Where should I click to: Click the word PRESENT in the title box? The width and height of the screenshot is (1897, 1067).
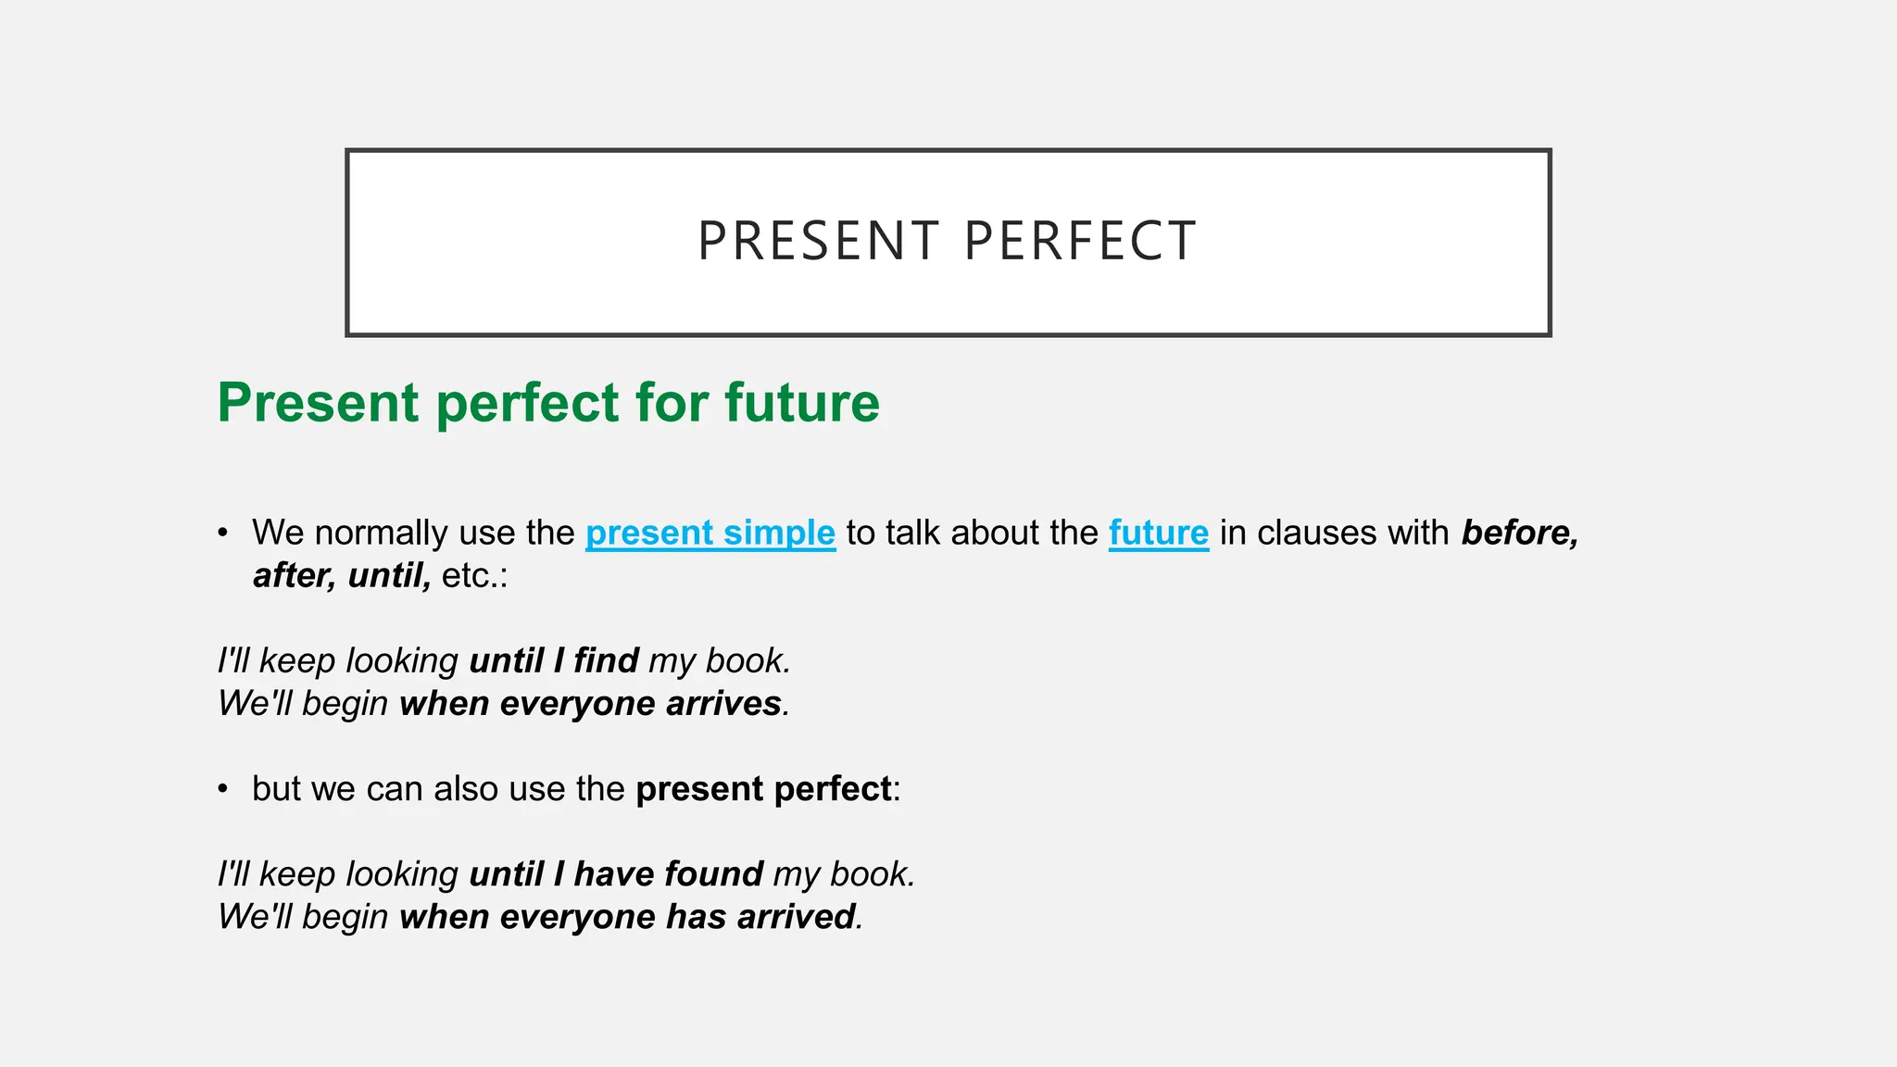819,242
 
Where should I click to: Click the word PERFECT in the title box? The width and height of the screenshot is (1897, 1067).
1080,242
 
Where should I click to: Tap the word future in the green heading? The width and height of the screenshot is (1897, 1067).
801,403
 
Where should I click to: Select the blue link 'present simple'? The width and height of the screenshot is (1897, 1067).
710,533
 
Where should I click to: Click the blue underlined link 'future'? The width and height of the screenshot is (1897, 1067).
1158,533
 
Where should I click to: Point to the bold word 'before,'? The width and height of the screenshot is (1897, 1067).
1519,533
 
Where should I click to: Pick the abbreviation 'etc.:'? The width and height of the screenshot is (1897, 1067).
474,575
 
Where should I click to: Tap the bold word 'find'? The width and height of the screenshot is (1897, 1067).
606,660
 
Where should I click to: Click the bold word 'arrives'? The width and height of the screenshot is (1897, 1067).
723,703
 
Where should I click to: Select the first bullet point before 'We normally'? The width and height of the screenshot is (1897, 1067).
222,533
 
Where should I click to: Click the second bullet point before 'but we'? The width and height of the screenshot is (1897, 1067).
222,789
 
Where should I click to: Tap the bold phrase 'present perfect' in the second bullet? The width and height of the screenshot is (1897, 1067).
763,789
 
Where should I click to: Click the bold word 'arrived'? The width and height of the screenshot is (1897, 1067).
796,916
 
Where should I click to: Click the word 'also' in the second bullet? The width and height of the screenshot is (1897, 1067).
466,789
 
